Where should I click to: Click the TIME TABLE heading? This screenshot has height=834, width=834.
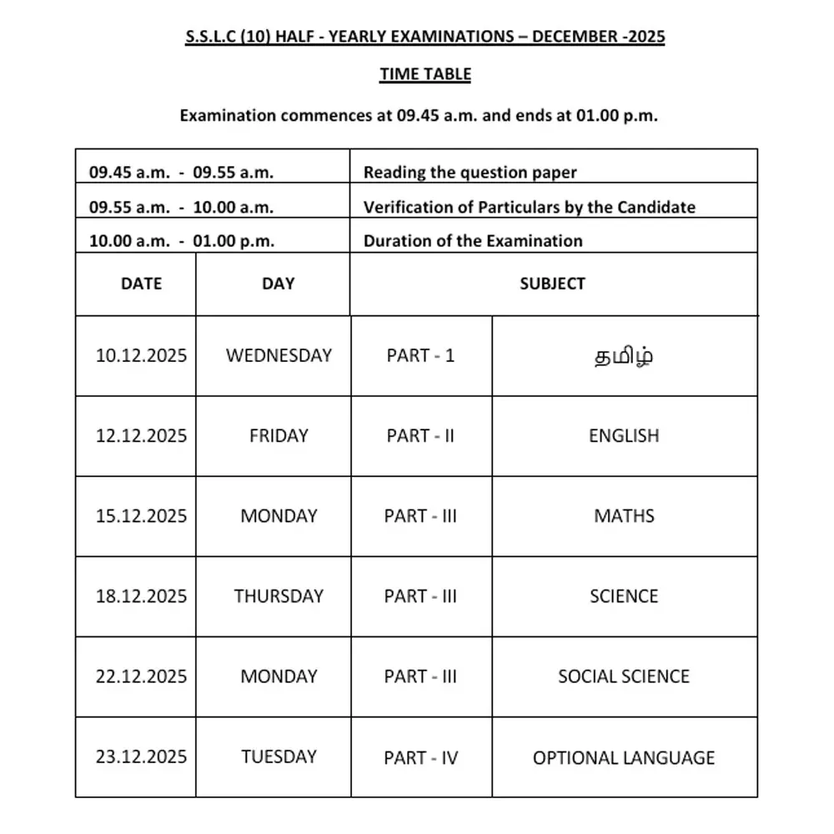[425, 74]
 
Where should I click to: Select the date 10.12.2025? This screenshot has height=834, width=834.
[141, 355]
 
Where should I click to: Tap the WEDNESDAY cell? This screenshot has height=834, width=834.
[279, 355]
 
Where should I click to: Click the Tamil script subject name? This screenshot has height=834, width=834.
[623, 356]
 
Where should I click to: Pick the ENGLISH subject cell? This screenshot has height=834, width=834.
[624, 435]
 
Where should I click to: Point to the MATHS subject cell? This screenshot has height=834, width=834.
[624, 515]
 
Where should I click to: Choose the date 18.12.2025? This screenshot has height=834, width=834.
[141, 596]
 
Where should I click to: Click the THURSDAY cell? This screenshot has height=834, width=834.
[279, 596]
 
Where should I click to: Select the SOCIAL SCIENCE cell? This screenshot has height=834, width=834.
[624, 676]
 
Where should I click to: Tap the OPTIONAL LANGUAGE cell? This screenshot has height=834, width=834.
[624, 758]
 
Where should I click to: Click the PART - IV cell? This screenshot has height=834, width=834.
[420, 758]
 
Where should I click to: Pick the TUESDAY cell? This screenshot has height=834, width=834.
[279, 756]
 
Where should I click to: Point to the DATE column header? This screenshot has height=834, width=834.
[141, 284]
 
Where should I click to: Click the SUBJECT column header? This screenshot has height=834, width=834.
[552, 284]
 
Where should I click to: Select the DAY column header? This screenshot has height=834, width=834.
[278, 284]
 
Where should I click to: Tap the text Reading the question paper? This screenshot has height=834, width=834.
[470, 173]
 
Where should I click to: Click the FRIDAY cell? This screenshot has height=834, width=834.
[279, 435]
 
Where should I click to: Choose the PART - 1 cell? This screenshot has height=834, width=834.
[420, 355]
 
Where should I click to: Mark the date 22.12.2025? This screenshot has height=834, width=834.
[141, 676]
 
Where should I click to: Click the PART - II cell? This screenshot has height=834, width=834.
[420, 435]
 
